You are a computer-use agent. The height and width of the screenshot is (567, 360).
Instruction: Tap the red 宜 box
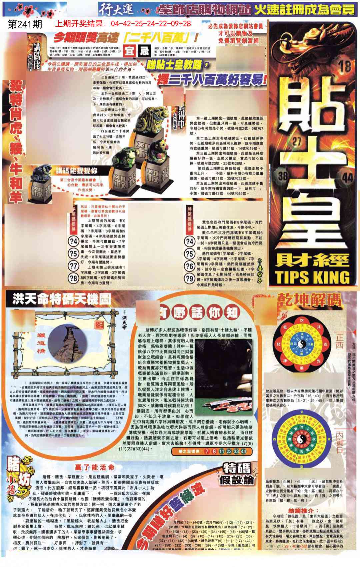[129, 51]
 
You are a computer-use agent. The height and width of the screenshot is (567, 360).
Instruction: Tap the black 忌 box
[144, 51]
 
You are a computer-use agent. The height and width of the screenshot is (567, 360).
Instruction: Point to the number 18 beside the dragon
[345, 66]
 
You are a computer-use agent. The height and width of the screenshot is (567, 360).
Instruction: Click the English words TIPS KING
[312, 277]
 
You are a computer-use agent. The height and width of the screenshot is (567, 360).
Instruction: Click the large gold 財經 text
[312, 258]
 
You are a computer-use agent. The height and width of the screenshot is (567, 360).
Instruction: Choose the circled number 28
[73, 278]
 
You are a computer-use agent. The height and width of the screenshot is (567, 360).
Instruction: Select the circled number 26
[189, 266]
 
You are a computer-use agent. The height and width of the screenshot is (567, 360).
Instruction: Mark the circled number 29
[189, 278]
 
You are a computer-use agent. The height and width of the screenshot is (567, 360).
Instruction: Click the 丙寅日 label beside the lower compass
[340, 442]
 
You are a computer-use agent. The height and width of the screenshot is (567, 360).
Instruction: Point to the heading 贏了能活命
[94, 467]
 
